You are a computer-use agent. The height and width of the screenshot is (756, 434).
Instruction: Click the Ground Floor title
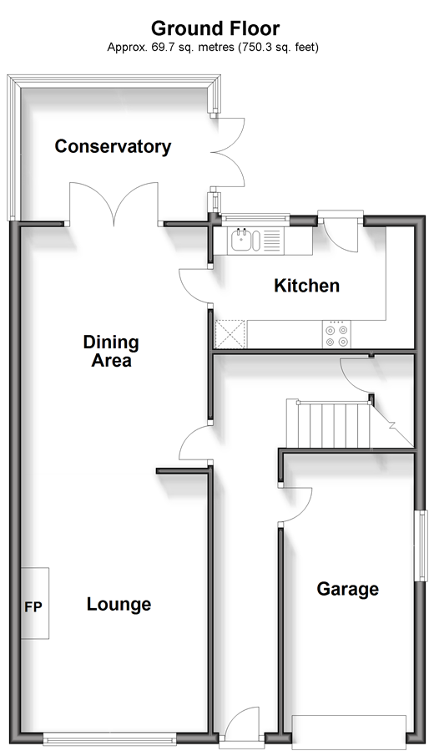pos(215,29)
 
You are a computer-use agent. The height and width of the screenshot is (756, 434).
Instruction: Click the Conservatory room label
pos(113,146)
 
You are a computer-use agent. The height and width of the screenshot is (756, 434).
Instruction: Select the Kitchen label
pos(307,286)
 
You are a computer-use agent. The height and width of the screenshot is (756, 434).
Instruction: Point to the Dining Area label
pos(111,352)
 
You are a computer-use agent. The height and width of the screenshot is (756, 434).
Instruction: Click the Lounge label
pos(119,604)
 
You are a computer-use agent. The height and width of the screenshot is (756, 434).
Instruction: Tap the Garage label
pos(348,589)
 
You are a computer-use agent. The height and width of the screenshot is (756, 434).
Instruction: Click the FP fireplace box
pos(35,603)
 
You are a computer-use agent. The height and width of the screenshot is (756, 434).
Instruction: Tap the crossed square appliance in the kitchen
pos(230,333)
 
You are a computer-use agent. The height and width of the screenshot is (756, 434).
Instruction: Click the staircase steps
pos(329,424)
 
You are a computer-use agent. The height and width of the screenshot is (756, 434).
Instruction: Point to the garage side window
pos(422,545)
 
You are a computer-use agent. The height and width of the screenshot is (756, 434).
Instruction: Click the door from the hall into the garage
pos(295,505)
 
